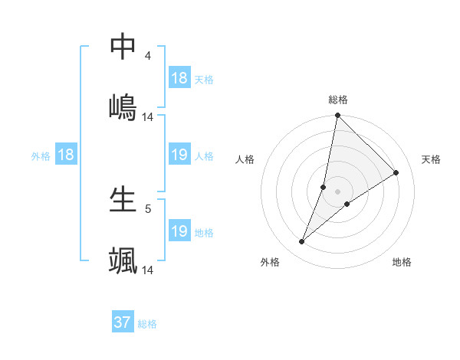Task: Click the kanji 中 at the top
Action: [123, 47]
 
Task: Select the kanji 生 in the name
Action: [123, 200]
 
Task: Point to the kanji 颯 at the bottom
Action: [123, 259]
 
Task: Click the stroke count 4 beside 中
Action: [148, 56]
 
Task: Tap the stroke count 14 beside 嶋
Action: [148, 116]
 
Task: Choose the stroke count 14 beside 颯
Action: [148, 270]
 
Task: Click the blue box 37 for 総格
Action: [123, 322]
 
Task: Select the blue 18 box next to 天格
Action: [179, 78]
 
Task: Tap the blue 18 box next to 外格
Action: [66, 155]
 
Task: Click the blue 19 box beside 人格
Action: [179, 155]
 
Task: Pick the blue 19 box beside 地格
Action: [179, 231]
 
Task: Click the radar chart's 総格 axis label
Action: [338, 100]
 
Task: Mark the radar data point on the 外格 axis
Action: [302, 242]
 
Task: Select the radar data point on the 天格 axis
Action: [396, 172]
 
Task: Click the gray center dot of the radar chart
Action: [338, 191]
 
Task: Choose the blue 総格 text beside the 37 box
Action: [147, 324]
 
